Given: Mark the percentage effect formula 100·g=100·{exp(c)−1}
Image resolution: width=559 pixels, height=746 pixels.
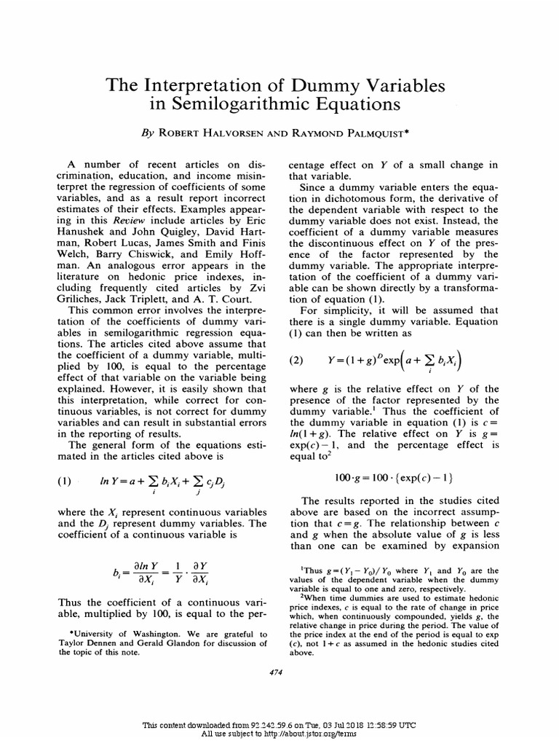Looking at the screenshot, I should tap(392, 477).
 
